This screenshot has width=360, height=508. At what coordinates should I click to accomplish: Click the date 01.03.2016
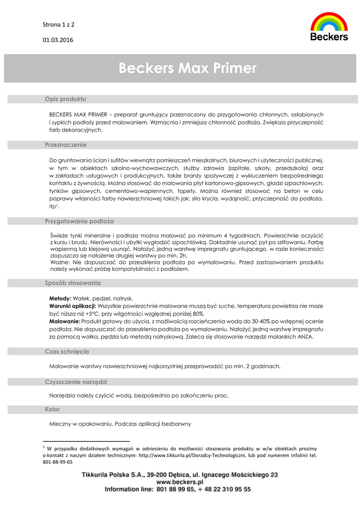pos(58,40)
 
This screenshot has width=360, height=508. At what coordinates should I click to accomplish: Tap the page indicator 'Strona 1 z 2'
pos(59,24)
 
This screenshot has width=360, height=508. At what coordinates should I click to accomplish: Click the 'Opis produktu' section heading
pos(66,99)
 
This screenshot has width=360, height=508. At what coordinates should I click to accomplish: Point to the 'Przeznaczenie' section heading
pos(66,145)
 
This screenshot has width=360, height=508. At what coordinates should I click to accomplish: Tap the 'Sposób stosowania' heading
pos(72,283)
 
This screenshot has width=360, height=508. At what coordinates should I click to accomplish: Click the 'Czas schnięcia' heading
pos(67,351)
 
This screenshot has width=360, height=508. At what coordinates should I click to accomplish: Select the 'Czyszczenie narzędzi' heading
pos(76,382)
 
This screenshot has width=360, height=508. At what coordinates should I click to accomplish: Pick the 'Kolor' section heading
pos(52,409)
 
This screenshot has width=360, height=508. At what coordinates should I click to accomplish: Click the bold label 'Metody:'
pos(60,299)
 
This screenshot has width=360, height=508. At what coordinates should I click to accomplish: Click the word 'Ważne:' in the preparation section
pos(60,261)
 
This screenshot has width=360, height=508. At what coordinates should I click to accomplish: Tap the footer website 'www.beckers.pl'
pos(180,482)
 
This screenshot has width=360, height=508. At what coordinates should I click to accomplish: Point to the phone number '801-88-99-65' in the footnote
pos(58,462)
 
